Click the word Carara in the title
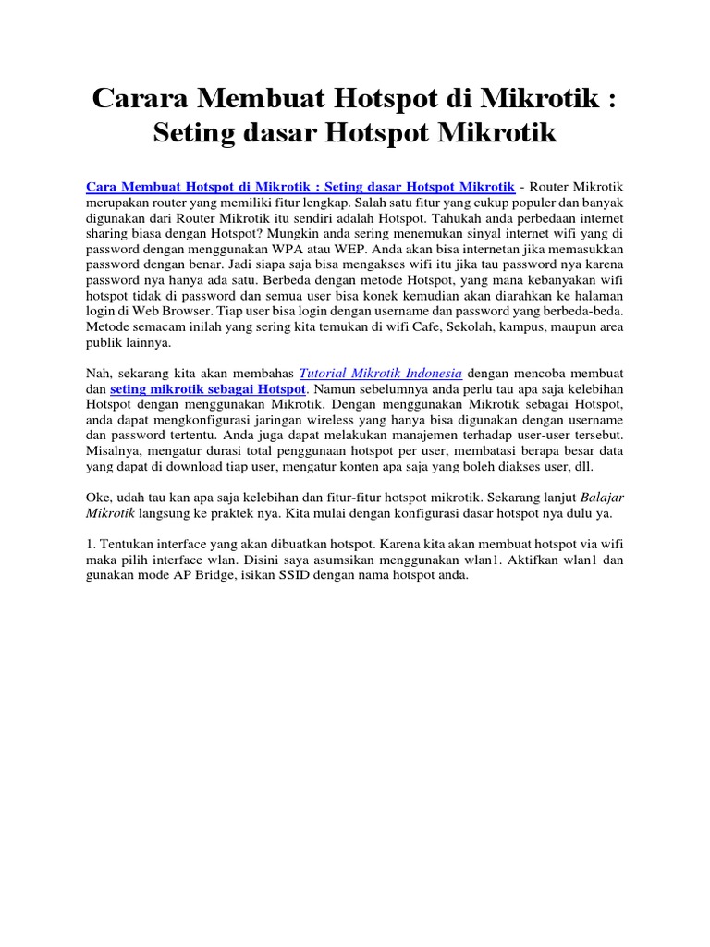146,97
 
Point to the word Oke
98,498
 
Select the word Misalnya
114,451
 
